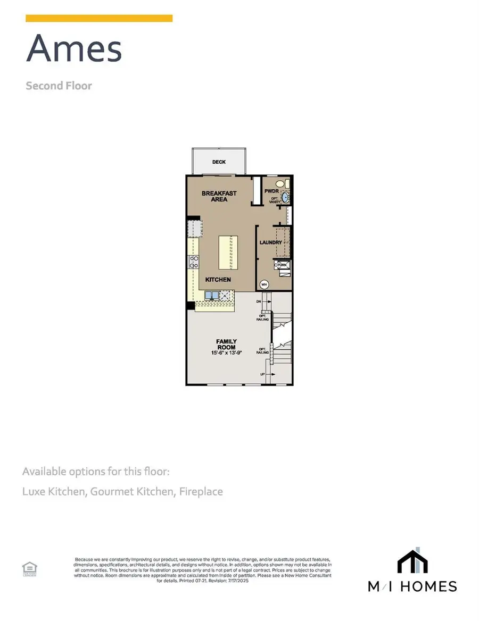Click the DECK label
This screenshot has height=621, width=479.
[x=218, y=163]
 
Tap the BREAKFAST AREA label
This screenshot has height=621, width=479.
[x=219, y=196]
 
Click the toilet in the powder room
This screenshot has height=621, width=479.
[x=286, y=184]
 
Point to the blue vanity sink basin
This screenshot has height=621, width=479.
[x=285, y=197]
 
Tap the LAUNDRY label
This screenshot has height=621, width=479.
[x=270, y=242]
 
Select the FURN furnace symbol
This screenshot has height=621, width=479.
[x=282, y=264]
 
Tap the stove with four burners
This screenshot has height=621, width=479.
[x=194, y=262]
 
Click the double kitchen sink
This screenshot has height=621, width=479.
[x=212, y=295]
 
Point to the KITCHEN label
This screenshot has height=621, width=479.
[x=218, y=280]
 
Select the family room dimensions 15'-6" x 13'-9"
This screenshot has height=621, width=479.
[x=226, y=353]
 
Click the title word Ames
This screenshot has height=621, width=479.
[x=75, y=48]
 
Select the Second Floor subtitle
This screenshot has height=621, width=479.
[x=59, y=86]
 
